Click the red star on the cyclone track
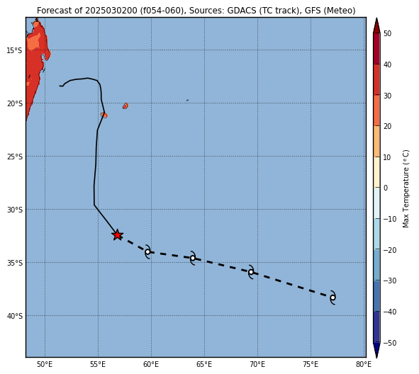coord(117,235)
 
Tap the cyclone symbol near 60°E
coord(147,251)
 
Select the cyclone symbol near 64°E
coord(193,258)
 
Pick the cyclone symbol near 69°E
coord(251,272)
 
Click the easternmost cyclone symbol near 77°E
coord(333,297)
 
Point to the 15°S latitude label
coord(14,50)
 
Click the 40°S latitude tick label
coord(14,316)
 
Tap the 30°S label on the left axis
coord(14,210)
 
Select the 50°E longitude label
coord(45,364)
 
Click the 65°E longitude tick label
coord(204,364)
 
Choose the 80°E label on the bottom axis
coord(364,364)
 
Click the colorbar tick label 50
coord(388,33)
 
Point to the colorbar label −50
coord(390,343)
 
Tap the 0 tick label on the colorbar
coord(386,188)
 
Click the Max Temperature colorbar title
coord(406,188)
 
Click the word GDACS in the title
coord(239,11)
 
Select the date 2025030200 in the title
coord(111,11)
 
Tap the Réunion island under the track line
coord(104,115)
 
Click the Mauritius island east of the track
coord(125,106)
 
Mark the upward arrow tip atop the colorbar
coord(376,18)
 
